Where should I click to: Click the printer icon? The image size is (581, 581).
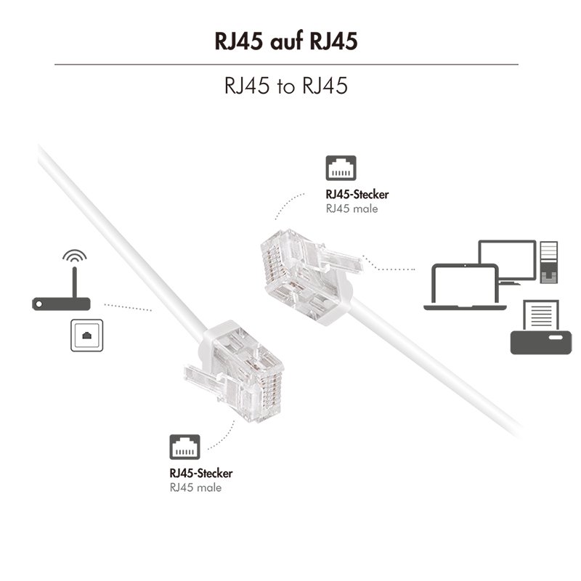point(537,338)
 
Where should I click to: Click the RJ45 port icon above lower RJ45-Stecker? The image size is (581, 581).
point(184,447)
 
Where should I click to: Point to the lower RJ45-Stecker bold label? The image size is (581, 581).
point(201,474)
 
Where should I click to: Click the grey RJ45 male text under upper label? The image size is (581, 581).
point(352,208)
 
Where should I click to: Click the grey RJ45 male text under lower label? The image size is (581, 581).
point(195,487)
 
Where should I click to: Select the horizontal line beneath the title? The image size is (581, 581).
point(286,65)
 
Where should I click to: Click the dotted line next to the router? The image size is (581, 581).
point(127,306)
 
